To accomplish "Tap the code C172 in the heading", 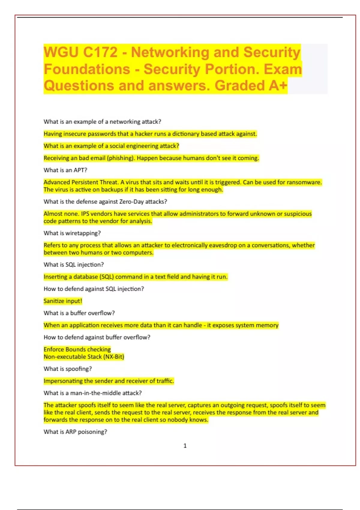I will point(100,52).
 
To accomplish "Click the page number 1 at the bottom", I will point(185,446).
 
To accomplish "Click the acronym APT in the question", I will point(79,170).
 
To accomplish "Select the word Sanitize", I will point(54,301).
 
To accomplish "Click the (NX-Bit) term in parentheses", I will point(114,357).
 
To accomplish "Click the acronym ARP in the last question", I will point(71,432).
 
